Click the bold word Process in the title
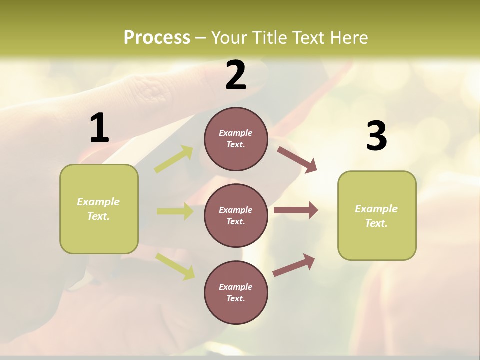(x=157, y=38)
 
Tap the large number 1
(x=99, y=128)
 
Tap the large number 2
(x=236, y=75)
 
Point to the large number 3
(x=376, y=136)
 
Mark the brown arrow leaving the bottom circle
(x=294, y=265)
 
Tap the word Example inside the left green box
(x=98, y=202)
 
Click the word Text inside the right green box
(x=376, y=223)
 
